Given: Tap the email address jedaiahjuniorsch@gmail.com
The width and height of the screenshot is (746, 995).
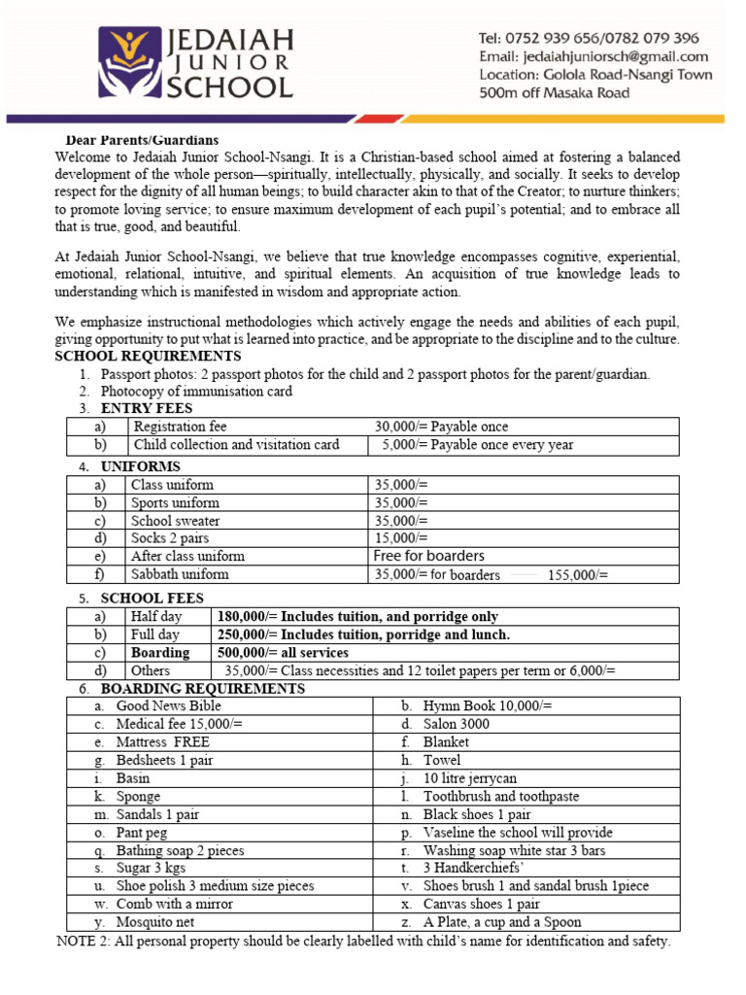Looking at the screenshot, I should pos(593,56).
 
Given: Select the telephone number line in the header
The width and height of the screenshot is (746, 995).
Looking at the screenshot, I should pos(588,38).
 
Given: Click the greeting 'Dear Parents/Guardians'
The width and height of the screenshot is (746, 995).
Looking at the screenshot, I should pos(142,141).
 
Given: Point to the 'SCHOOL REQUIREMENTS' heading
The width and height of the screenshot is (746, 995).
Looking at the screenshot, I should pos(148,357).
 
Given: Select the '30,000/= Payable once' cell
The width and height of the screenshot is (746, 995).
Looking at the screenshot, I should pos(441,427).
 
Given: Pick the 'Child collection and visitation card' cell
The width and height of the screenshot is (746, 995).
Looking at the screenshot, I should pos(236,445).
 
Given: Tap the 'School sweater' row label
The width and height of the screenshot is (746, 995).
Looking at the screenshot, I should pos(175,521).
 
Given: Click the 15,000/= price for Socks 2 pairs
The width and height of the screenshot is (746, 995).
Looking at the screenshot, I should pos(400,538).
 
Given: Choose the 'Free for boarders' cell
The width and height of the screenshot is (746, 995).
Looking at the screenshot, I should pos(428,556).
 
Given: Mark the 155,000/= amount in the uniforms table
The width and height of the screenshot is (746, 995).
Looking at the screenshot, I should pos(578,575).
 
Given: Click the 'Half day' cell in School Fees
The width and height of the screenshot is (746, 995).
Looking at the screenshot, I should pos(155,616).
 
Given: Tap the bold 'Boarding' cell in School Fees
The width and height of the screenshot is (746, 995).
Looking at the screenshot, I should pos(160,653).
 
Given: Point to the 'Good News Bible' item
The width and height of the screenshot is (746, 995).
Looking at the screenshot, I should pos(168,706).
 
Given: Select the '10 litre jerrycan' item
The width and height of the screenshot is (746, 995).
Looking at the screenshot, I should pos(470,778).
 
